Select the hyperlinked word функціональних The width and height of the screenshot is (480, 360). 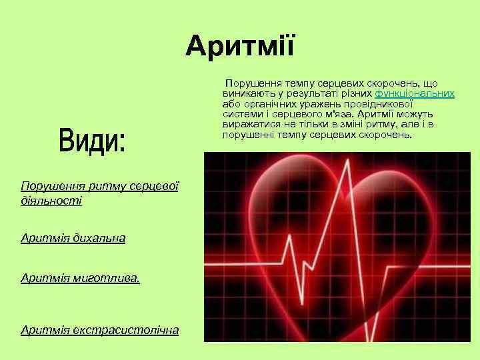pyautogui.click(x=415, y=93)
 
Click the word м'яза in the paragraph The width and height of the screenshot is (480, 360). pyautogui.click(x=328, y=114)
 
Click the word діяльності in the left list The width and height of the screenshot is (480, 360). pyautogui.click(x=51, y=200)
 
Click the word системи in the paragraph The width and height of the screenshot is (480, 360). pyautogui.click(x=241, y=114)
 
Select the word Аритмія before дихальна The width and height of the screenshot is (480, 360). pyautogui.click(x=43, y=237)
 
